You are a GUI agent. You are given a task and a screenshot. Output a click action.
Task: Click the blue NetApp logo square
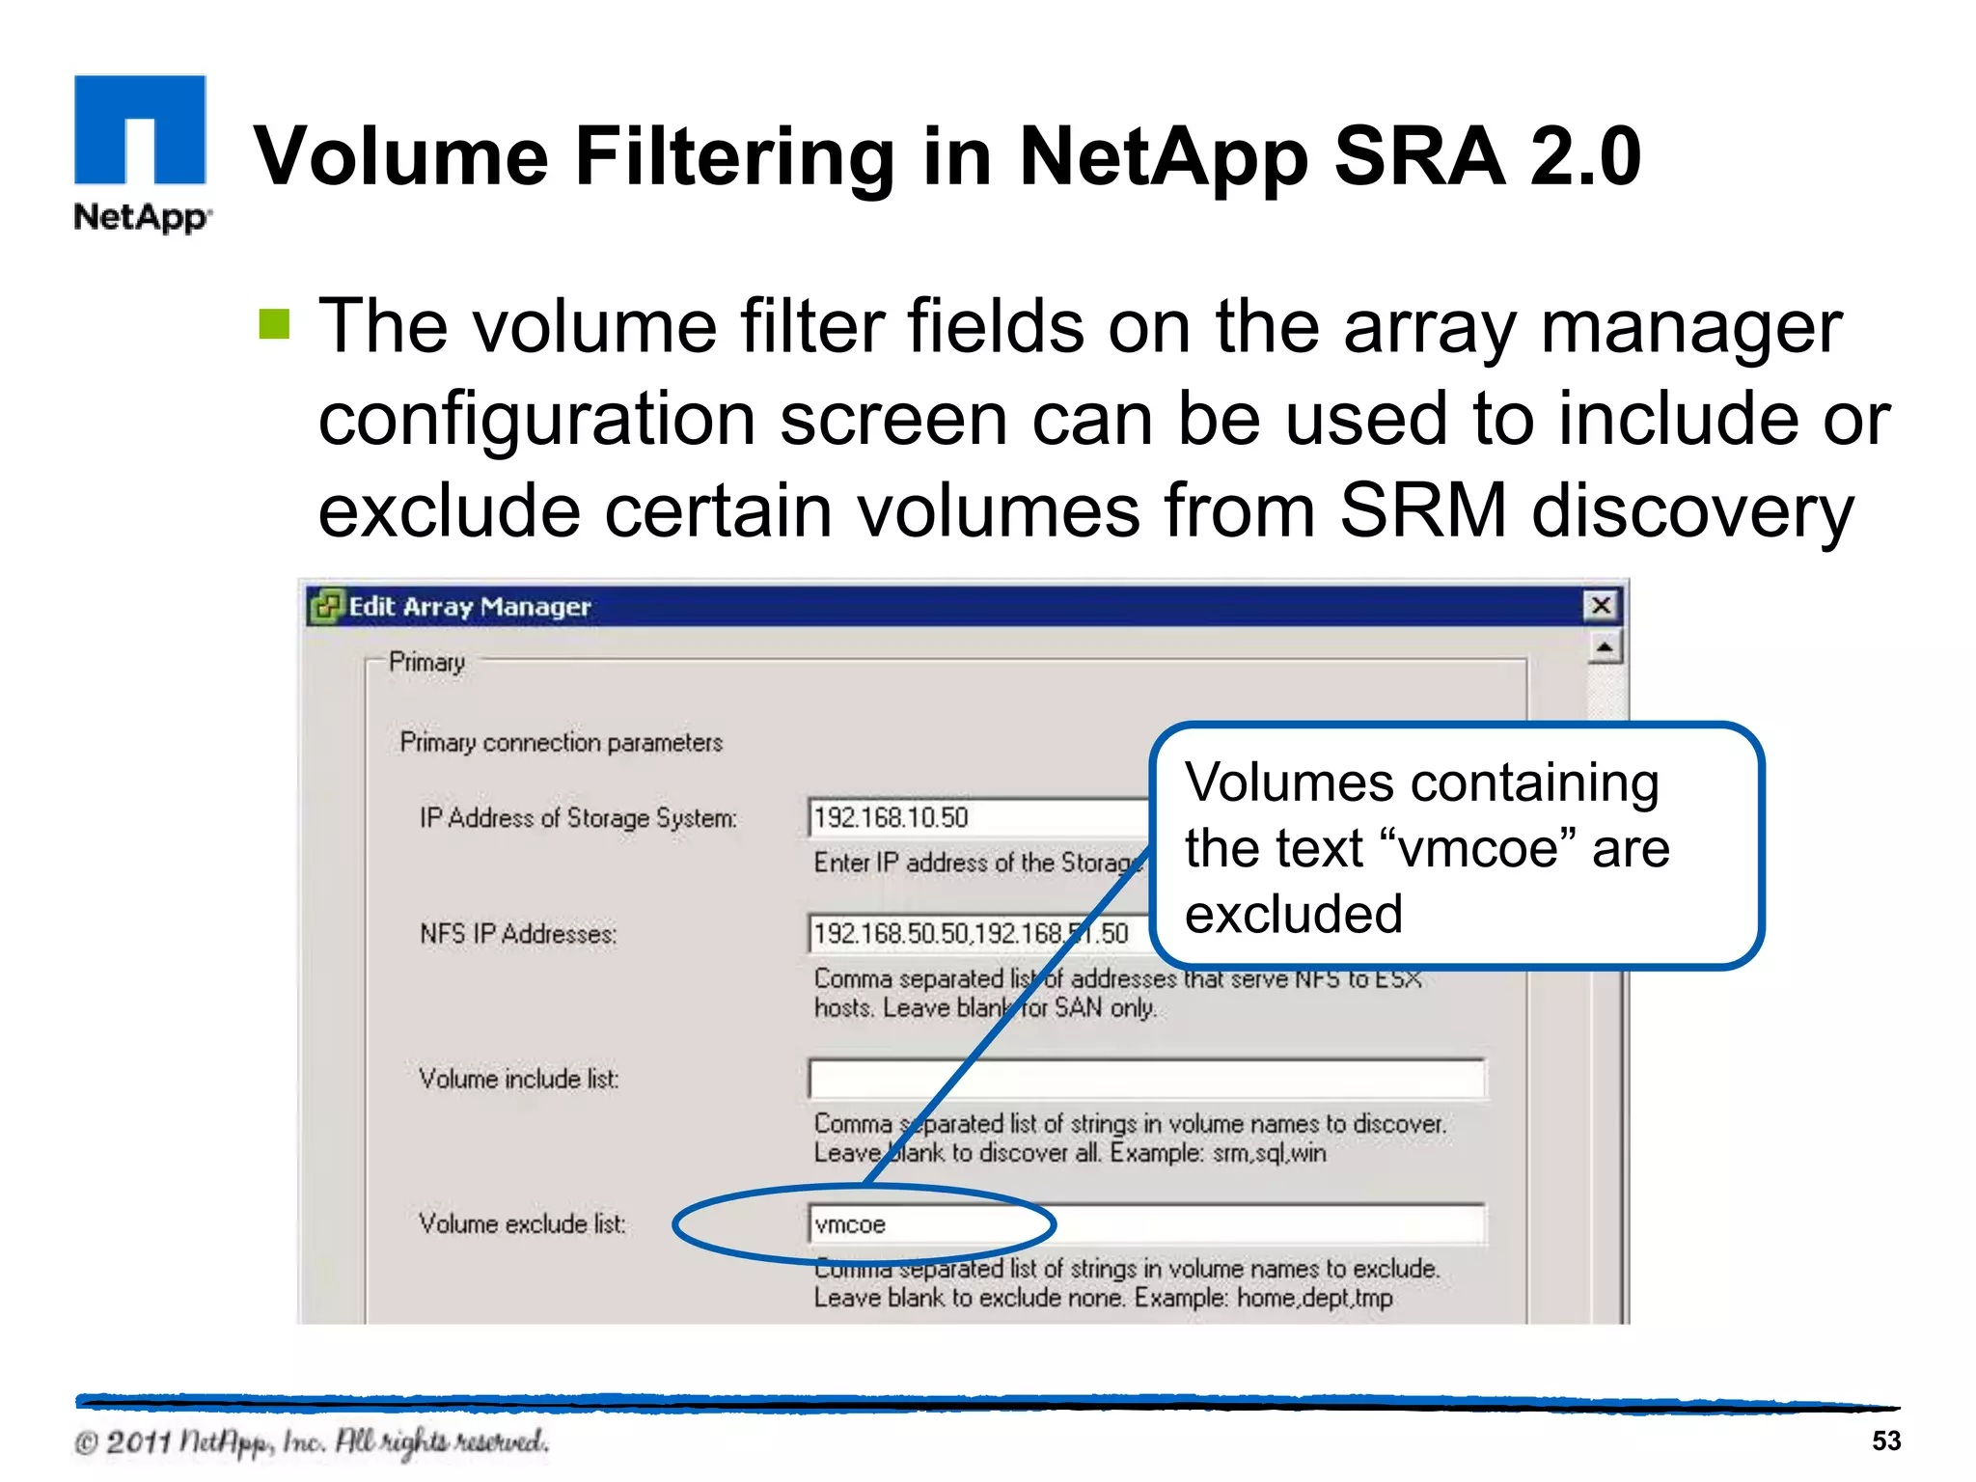pos(140,130)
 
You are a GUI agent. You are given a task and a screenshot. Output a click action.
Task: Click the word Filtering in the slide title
pos(735,156)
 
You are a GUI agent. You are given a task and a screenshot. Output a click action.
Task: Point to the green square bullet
pos(274,325)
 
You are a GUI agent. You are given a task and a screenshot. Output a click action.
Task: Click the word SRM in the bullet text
pos(1422,510)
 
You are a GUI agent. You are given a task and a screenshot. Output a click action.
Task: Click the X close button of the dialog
pos(1601,606)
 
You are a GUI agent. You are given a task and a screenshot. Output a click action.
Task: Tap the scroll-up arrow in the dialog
pos(1604,647)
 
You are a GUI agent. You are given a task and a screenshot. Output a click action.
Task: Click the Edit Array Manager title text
pos(469,607)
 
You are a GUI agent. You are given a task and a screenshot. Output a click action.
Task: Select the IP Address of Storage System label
pos(578,818)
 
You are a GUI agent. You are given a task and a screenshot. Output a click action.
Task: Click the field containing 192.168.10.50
pos(974,818)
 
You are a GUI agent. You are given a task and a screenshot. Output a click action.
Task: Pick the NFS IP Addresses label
pos(518,934)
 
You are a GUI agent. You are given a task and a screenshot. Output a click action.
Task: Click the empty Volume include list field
pos(1146,1079)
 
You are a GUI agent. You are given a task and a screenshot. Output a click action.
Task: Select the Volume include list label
pos(519,1079)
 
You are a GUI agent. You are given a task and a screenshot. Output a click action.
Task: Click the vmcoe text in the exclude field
pos(850,1224)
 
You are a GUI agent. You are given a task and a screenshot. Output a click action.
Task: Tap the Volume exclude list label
pos(522,1224)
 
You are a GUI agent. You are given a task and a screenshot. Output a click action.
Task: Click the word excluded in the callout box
pos(1293,914)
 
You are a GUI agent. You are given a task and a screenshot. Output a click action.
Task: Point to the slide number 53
pos(1886,1441)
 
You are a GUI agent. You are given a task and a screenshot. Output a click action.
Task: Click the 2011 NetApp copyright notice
pos(312,1442)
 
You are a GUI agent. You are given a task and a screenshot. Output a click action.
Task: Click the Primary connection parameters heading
pos(561,742)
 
